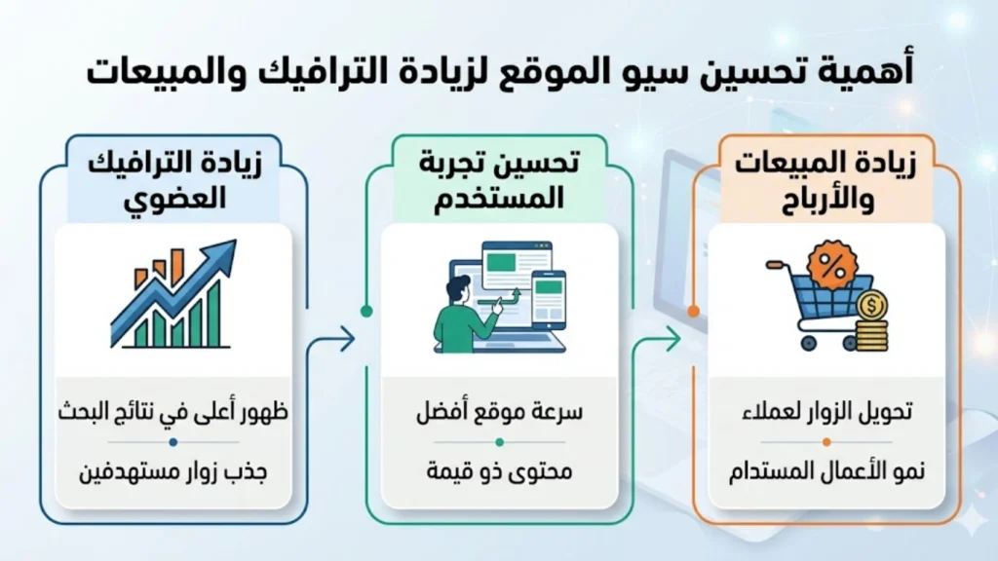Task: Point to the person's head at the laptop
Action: (456, 289)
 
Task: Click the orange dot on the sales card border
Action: (693, 312)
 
